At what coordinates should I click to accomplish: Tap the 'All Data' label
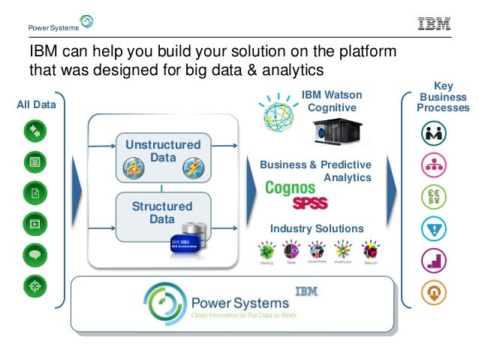coord(36,105)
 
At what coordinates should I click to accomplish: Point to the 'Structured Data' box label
coord(162,213)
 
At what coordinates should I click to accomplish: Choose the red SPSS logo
coord(310,204)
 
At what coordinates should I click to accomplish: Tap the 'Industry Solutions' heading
coord(317,228)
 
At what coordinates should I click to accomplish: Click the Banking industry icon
coord(265,251)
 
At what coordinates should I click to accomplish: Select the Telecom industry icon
coord(370,251)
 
